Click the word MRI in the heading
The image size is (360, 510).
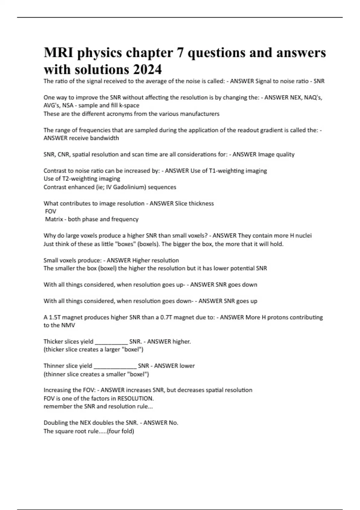[57, 53]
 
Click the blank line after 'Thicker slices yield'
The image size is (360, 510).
[111, 342]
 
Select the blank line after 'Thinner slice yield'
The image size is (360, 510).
[115, 366]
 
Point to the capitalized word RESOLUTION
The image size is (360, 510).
[135, 398]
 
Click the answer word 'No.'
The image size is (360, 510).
[173, 423]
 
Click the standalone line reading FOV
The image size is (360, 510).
[50, 211]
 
